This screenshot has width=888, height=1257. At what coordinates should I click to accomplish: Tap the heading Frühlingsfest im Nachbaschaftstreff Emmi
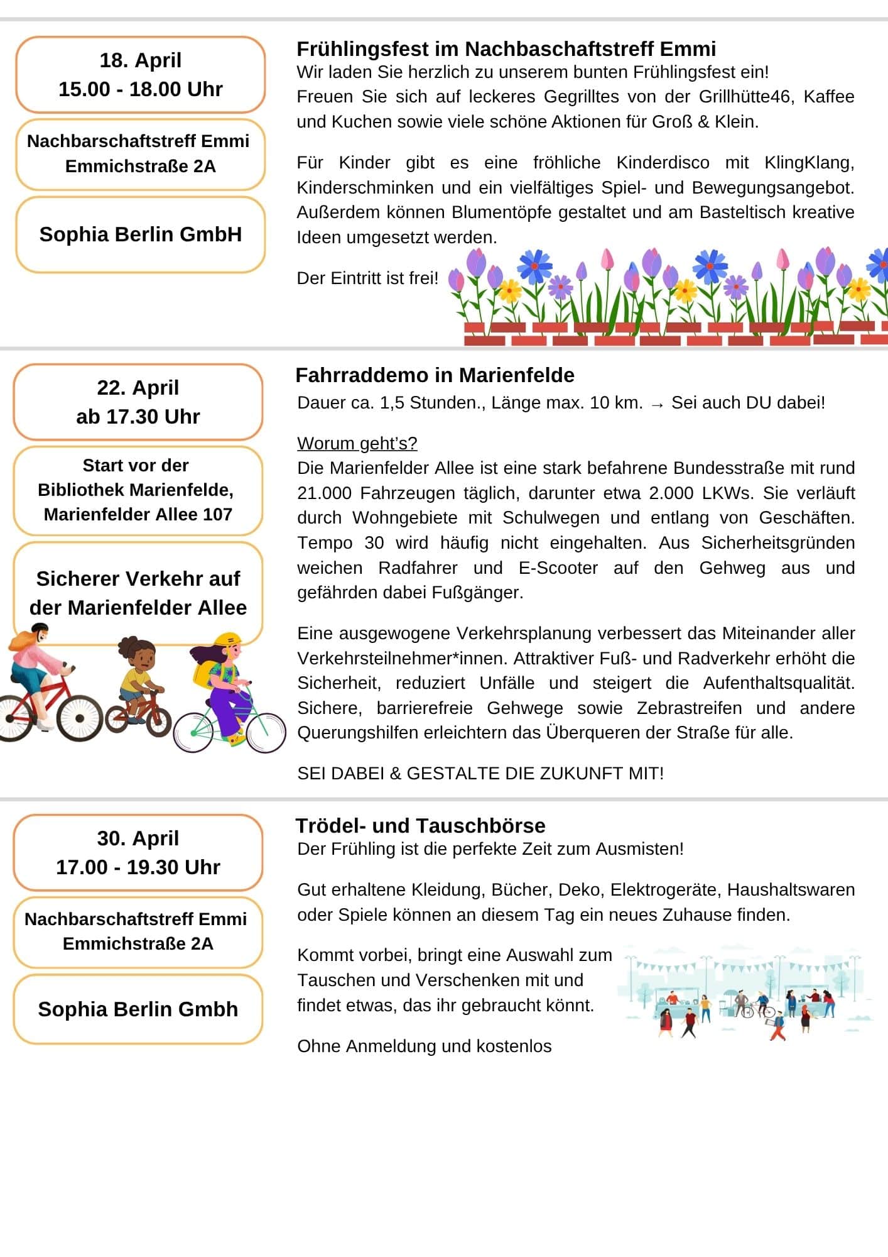click(506, 49)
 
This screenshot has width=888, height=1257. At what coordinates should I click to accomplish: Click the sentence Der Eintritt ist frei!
click(367, 278)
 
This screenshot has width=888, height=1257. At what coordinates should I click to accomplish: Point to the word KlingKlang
click(808, 163)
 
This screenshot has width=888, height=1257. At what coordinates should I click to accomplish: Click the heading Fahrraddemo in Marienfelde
click(435, 375)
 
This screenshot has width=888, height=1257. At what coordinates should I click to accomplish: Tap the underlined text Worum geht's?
click(357, 443)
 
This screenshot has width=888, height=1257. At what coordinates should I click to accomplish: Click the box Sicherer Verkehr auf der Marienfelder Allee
click(138, 593)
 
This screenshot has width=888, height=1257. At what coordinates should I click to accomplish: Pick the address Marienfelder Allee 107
click(138, 514)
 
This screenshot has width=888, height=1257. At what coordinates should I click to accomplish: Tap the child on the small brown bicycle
click(138, 682)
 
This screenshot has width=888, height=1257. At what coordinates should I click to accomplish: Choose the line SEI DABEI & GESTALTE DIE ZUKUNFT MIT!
click(480, 773)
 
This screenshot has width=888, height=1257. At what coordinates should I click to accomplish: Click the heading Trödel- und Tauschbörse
click(420, 825)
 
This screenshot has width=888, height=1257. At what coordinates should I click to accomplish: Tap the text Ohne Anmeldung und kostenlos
click(424, 1046)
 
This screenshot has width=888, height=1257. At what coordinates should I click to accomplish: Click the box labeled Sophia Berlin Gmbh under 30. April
click(138, 1009)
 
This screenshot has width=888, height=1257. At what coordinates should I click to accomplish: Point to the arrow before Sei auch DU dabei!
click(657, 403)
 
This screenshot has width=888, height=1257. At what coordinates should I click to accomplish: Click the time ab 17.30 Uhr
click(138, 417)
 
